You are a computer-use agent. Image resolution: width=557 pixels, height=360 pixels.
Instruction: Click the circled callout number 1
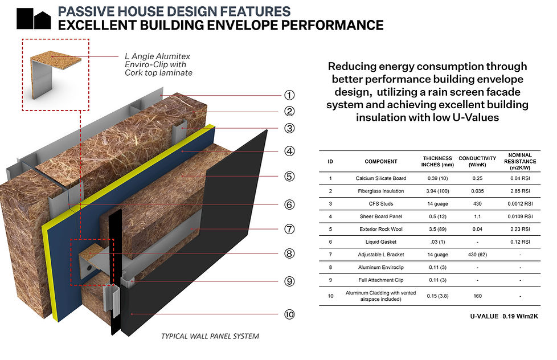click(290, 96)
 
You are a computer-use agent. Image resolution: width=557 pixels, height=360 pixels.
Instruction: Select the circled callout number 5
click(290, 177)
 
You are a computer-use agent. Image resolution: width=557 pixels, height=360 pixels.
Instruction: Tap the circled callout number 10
click(290, 314)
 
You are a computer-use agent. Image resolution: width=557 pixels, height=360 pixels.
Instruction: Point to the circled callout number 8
click(290, 254)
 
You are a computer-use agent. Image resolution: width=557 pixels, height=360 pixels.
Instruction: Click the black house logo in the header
click(34, 19)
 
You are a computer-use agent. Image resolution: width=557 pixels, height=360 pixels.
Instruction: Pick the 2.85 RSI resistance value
click(518, 191)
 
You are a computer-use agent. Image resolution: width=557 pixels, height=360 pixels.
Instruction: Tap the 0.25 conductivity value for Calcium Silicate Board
click(478, 178)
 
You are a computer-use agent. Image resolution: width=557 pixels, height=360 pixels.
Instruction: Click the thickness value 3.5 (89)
click(437, 230)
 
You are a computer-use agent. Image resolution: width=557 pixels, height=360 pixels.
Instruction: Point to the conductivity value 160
click(478, 296)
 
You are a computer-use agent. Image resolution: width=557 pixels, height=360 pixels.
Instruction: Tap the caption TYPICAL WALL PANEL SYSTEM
click(210, 336)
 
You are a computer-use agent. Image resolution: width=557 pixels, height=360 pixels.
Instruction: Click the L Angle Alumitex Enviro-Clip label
click(158, 64)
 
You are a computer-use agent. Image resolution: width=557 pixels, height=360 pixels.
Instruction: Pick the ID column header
click(330, 162)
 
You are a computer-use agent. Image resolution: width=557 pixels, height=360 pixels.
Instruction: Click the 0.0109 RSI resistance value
click(518, 216)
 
